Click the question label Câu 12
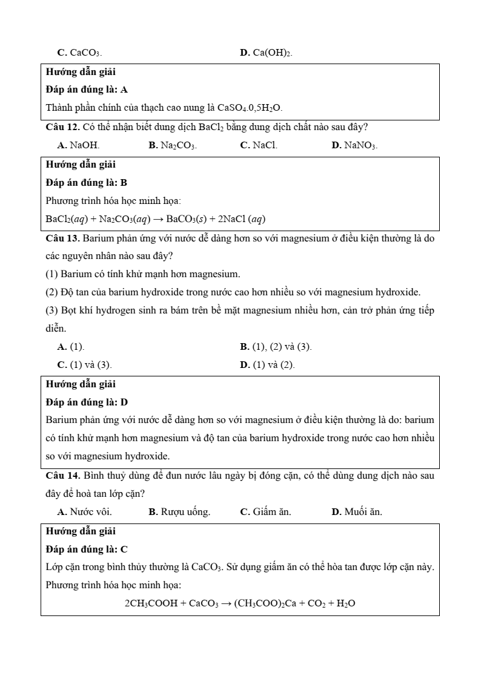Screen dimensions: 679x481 tap(62, 128)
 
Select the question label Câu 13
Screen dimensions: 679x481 tap(62, 238)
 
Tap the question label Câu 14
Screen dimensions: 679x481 tap(62, 476)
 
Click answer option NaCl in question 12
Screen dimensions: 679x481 tap(259, 146)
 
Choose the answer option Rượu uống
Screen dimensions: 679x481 tap(179, 512)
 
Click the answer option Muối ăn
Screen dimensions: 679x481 tap(357, 512)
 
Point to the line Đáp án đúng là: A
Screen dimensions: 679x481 tap(87, 90)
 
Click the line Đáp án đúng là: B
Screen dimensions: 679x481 tap(87, 182)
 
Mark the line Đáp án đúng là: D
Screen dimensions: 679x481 tap(87, 402)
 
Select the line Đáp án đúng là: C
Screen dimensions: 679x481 tap(87, 549)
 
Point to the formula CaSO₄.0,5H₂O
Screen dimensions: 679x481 tap(250, 108)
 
